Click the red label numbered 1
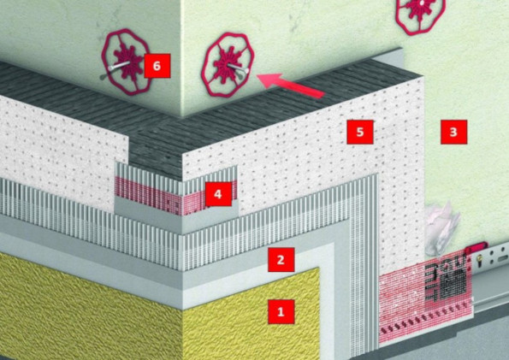point(281,311)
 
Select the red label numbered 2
point(281,260)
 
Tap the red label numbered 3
point(453,133)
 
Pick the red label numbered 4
point(218,194)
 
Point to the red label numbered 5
point(360,133)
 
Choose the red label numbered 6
point(157,66)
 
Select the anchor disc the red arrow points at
point(228,65)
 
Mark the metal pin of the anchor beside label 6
point(117,68)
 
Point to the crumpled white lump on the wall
point(442,227)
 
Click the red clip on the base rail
point(476,247)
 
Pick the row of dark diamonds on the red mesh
point(425,320)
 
